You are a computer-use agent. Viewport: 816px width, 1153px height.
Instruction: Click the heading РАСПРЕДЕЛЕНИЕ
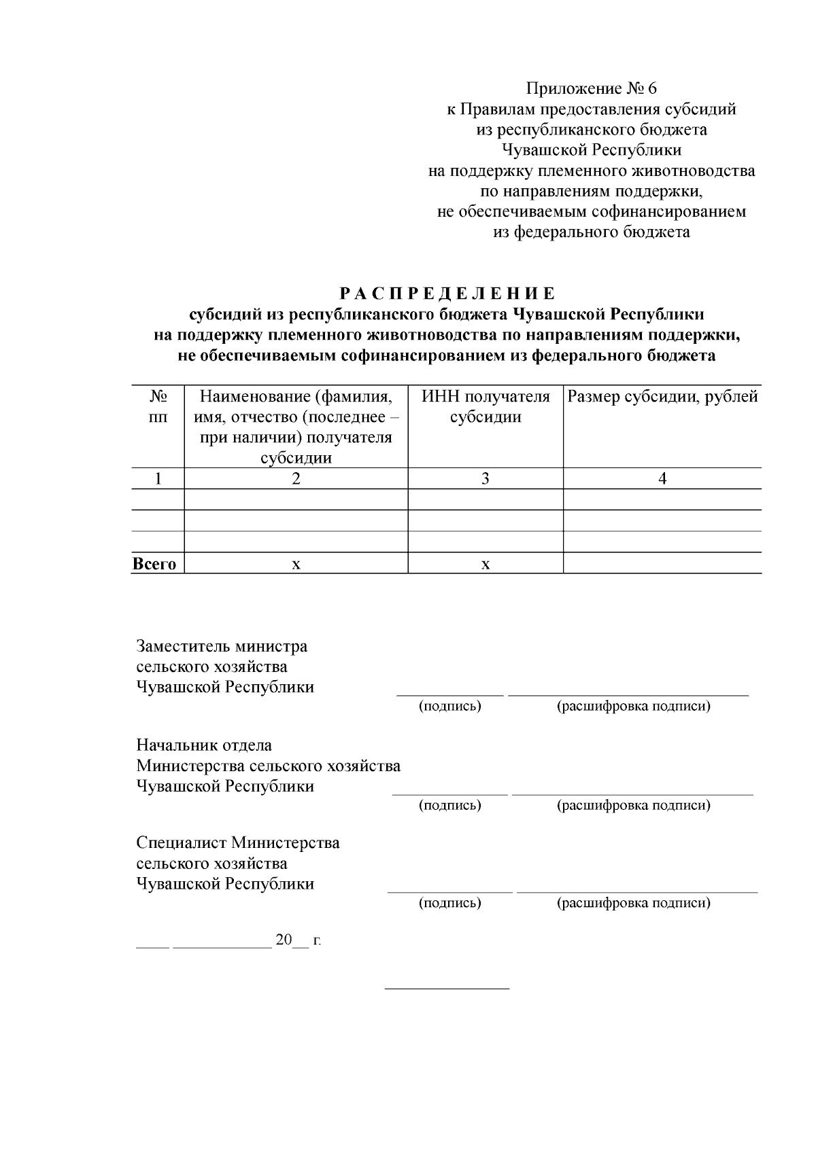click(447, 294)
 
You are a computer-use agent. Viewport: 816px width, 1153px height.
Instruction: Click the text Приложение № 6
click(592, 88)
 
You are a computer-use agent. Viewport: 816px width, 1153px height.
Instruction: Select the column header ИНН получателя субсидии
click(486, 406)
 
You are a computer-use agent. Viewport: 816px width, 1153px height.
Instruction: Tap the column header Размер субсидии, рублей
click(662, 397)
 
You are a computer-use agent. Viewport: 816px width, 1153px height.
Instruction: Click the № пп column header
click(158, 406)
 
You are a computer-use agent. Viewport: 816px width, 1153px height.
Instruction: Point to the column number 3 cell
click(486, 478)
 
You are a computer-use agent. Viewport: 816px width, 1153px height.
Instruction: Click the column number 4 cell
click(662, 478)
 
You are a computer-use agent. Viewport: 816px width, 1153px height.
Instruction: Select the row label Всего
click(155, 564)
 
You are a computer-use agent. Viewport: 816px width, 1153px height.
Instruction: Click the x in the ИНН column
click(486, 564)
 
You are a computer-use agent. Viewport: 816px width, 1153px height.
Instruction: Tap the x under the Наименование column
click(296, 564)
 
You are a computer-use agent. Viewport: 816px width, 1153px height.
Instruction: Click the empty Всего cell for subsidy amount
click(662, 563)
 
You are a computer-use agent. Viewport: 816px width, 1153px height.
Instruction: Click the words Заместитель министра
click(222, 645)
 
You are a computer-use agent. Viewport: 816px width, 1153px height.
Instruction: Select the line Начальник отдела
click(204, 745)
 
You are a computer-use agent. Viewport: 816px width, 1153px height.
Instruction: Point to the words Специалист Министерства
click(238, 843)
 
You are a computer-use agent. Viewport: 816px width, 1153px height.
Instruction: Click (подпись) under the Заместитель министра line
click(449, 706)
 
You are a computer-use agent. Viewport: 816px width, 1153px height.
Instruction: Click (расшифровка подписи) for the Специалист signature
click(634, 903)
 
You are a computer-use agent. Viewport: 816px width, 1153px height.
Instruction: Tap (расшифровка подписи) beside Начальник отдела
click(634, 805)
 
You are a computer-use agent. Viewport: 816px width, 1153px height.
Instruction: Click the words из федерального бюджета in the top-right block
click(591, 232)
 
